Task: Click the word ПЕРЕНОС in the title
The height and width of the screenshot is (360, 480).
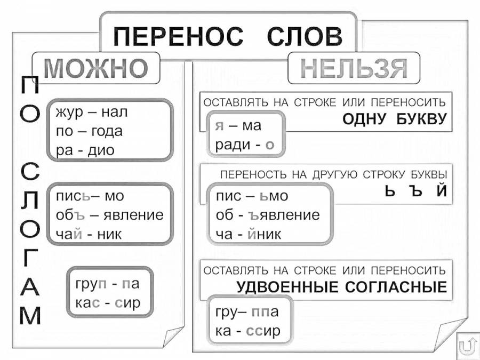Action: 178,38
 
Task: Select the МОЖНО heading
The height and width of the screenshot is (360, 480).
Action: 95,68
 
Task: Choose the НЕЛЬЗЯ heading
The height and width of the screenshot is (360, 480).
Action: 354,68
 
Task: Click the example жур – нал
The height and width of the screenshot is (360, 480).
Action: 92,113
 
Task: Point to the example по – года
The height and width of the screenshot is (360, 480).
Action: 89,131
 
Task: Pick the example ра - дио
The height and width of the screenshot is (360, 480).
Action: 85,150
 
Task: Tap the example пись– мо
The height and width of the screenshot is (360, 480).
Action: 90,196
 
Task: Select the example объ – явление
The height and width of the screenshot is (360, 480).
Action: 109,215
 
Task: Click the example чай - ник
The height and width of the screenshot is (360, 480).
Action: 89,234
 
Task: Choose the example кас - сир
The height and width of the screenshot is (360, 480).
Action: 108,302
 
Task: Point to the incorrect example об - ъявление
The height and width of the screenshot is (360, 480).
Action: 268,215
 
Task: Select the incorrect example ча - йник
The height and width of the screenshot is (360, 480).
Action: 248,234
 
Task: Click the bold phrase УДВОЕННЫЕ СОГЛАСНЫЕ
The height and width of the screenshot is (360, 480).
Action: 341,288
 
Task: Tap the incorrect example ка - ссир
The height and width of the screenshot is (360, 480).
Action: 247,331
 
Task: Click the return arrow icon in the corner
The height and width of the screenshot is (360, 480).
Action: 467,347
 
